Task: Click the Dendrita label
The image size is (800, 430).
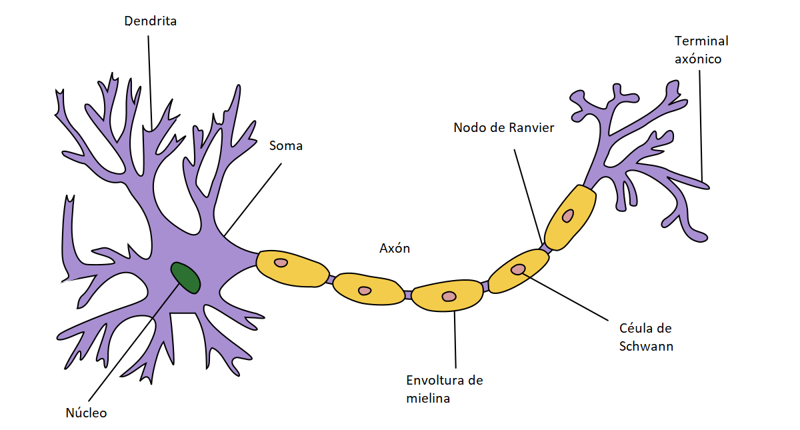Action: click(x=150, y=21)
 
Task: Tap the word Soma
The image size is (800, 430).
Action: click(x=285, y=145)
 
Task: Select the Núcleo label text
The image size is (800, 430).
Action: click(x=86, y=413)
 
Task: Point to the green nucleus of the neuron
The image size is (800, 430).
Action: click(x=185, y=277)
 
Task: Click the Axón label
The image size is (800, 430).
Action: click(x=395, y=249)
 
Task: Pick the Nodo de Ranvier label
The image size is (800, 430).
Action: click(x=503, y=127)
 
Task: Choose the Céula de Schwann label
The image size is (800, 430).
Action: click(x=645, y=337)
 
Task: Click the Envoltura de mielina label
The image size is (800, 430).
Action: click(x=444, y=389)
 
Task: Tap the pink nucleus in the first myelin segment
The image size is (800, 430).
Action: click(x=281, y=263)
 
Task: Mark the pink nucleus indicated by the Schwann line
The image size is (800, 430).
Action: click(x=518, y=269)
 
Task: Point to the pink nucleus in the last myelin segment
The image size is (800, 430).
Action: click(x=567, y=215)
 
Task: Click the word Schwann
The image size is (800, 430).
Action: click(x=646, y=346)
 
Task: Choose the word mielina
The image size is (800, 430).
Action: click(x=428, y=399)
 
